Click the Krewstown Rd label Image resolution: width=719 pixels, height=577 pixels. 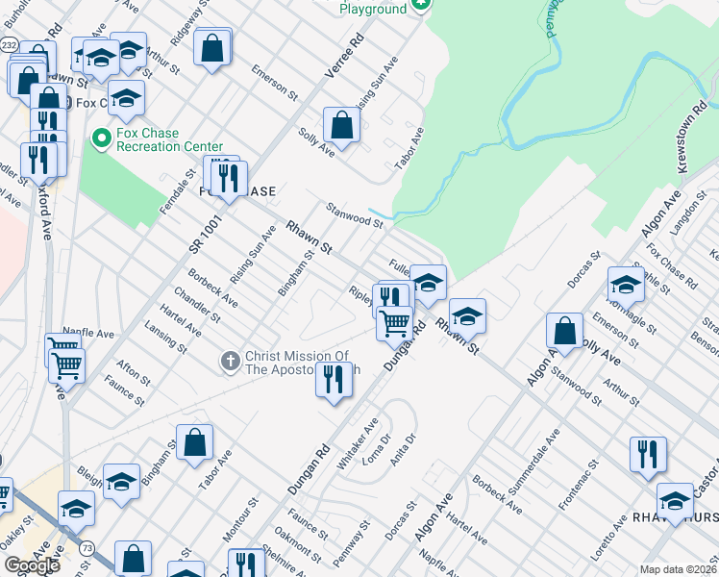(x=694, y=138)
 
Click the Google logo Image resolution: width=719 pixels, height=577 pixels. (x=32, y=564)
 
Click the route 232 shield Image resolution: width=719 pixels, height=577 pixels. (x=10, y=44)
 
